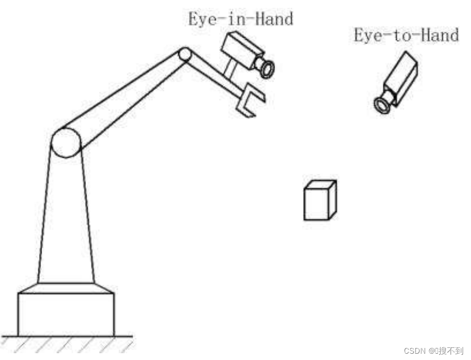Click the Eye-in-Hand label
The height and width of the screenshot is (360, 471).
(x=240, y=19)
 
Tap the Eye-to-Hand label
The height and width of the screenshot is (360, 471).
(x=406, y=36)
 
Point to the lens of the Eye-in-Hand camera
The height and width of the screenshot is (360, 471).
(x=267, y=69)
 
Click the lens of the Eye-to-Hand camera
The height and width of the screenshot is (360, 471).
(x=382, y=104)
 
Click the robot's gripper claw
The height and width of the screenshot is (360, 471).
(x=248, y=102)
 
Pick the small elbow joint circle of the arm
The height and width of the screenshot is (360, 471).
(x=184, y=54)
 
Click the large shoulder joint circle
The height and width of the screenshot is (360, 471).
(x=66, y=143)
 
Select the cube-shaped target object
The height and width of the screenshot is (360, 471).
(x=320, y=201)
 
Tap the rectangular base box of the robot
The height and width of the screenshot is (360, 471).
(x=66, y=314)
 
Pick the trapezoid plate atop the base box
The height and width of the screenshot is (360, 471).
(x=66, y=288)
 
